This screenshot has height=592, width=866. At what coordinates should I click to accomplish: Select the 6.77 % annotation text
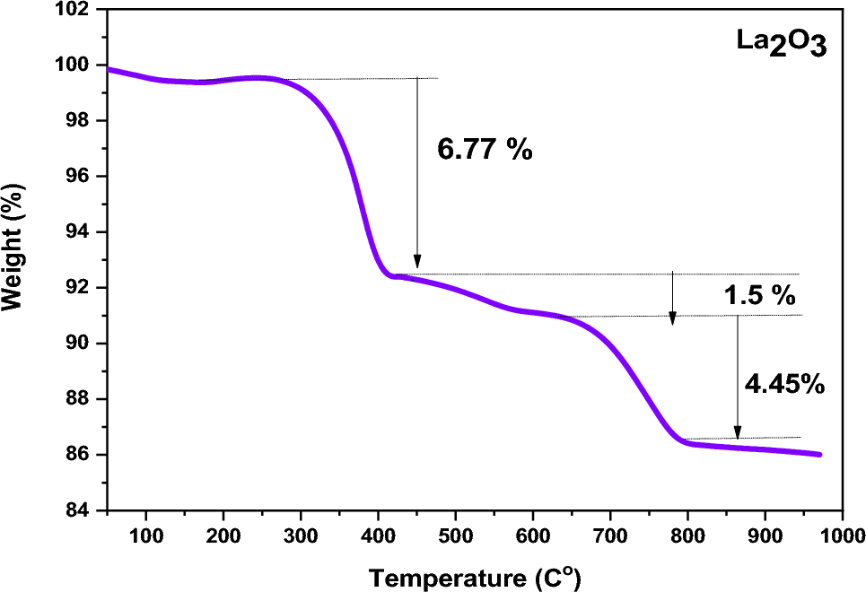(x=485, y=149)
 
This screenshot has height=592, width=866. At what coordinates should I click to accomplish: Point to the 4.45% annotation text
(x=784, y=384)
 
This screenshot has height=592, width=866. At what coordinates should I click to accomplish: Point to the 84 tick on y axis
(x=79, y=510)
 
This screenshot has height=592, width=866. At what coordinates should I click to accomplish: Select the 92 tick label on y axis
(x=79, y=288)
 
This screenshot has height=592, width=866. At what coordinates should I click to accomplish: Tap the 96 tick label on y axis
(x=79, y=177)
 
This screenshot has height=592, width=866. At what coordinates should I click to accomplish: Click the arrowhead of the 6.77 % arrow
(x=416, y=262)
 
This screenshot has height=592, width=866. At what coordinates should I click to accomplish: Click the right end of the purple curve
(x=820, y=455)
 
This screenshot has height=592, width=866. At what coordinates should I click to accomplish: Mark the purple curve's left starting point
(x=108, y=69)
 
